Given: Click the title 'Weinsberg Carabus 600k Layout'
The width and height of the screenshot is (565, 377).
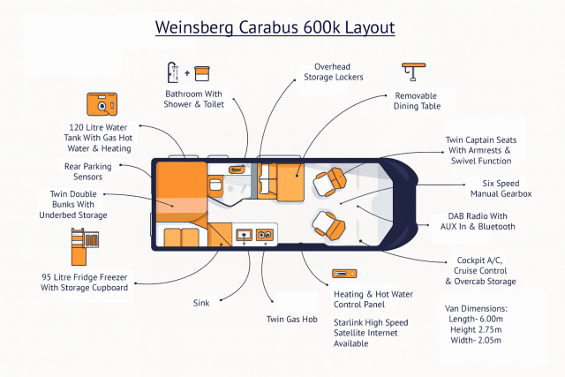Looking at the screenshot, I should click(x=275, y=26).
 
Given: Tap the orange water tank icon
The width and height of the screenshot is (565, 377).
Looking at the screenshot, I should click(x=102, y=104).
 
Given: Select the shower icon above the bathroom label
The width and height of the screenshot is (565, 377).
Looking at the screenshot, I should click(x=172, y=72).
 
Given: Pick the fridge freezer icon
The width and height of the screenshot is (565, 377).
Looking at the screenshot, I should click(x=84, y=244).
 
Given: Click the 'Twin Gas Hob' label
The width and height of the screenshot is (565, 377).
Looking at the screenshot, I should click(x=290, y=320).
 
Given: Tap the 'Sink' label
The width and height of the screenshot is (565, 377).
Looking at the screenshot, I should click(x=201, y=303).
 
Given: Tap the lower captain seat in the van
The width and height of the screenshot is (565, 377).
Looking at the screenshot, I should click(x=328, y=227).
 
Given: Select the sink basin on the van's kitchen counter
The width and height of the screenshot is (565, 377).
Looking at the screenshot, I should click(x=242, y=235).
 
